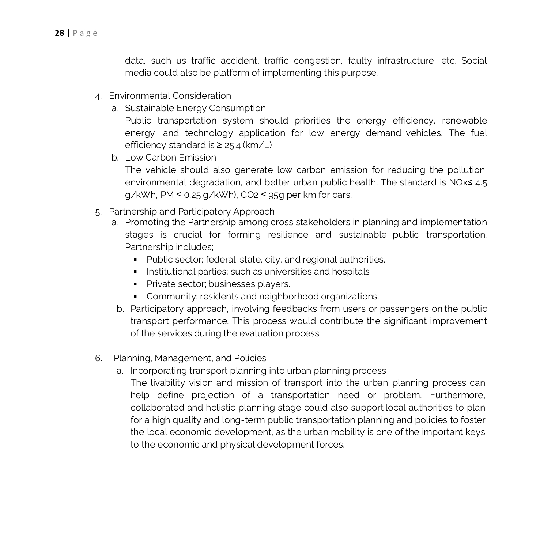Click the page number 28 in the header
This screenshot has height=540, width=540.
pyautogui.click(x=59, y=33)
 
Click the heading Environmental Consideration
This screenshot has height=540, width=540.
pyautogui.click(x=170, y=96)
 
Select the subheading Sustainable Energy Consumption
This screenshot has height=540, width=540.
pyautogui.click(x=195, y=108)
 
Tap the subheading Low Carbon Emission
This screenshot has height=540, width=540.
pyautogui.click(x=170, y=158)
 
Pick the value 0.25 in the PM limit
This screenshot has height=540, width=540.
pyautogui.click(x=192, y=195)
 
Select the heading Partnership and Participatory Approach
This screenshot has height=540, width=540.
pyautogui.click(x=192, y=212)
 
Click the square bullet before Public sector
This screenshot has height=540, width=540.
pyautogui.click(x=135, y=260)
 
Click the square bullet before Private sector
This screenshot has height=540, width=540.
pyautogui.click(x=135, y=284)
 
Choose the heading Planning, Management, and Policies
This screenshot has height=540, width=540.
pyautogui.click(x=190, y=358)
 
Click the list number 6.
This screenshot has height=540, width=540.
pyautogui.click(x=98, y=358)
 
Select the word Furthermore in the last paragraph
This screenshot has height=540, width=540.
pyautogui.click(x=457, y=395)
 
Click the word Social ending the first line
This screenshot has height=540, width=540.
pyautogui.click(x=474, y=61)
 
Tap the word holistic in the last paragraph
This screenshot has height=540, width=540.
pyautogui.click(x=220, y=408)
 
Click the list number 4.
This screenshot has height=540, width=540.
pyautogui.click(x=98, y=96)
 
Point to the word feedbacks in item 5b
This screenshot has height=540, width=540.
pyautogui.click(x=295, y=309)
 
